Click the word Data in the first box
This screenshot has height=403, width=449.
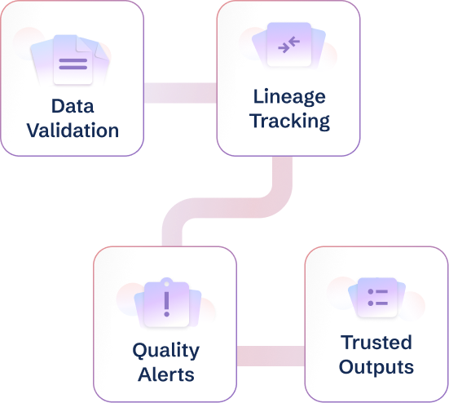(x=72, y=107)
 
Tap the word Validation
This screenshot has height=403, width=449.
(x=72, y=130)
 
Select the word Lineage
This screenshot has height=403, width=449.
(x=289, y=98)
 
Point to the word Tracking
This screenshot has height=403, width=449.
(x=289, y=122)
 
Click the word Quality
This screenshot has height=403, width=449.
(x=165, y=351)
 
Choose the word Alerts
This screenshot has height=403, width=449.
(x=165, y=374)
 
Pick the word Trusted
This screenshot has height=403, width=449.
(x=376, y=342)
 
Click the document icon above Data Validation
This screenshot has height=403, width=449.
(x=73, y=62)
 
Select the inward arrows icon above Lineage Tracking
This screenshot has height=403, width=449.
(x=288, y=45)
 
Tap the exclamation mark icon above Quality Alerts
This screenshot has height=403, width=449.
(x=166, y=303)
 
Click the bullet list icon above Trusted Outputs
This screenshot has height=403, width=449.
(x=376, y=297)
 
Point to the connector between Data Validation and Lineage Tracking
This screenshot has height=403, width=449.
(x=179, y=92)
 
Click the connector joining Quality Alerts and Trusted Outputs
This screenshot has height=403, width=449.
(x=270, y=356)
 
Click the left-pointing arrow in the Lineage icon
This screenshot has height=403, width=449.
(x=293, y=42)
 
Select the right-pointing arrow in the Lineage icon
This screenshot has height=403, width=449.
(x=283, y=48)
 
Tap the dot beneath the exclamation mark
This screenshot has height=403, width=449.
(x=166, y=314)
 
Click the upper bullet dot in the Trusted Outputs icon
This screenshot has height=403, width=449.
(x=370, y=291)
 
